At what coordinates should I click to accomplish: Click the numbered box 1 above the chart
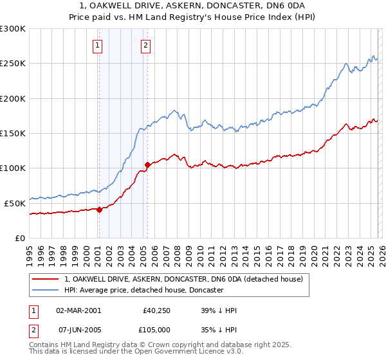pos(98,45)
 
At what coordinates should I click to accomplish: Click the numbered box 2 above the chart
pos(146,45)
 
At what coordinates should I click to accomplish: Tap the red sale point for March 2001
pos(99,210)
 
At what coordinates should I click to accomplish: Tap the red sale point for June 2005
pos(147,165)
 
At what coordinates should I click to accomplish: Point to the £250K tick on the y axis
pos(14,64)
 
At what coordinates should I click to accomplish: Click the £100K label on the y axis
pos(14,168)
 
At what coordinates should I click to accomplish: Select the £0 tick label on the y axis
pos(20,238)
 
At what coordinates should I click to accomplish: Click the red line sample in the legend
pos(45,279)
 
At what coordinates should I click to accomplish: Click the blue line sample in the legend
pos(45,290)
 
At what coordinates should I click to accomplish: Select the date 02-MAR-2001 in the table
pos(78,310)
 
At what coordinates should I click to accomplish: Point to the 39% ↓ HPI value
pos(219,310)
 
